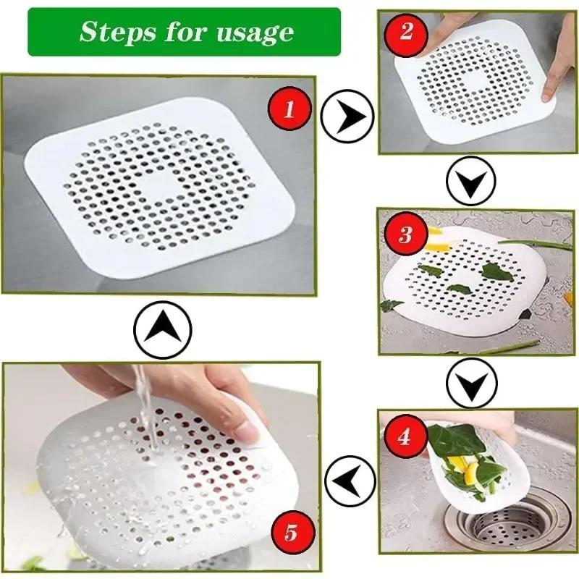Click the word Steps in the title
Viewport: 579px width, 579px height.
(x=114, y=32)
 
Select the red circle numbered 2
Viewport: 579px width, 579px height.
(x=406, y=33)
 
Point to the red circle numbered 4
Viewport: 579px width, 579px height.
(x=405, y=437)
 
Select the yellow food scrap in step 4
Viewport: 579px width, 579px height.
(x=471, y=474)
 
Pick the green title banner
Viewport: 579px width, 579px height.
(x=184, y=32)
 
